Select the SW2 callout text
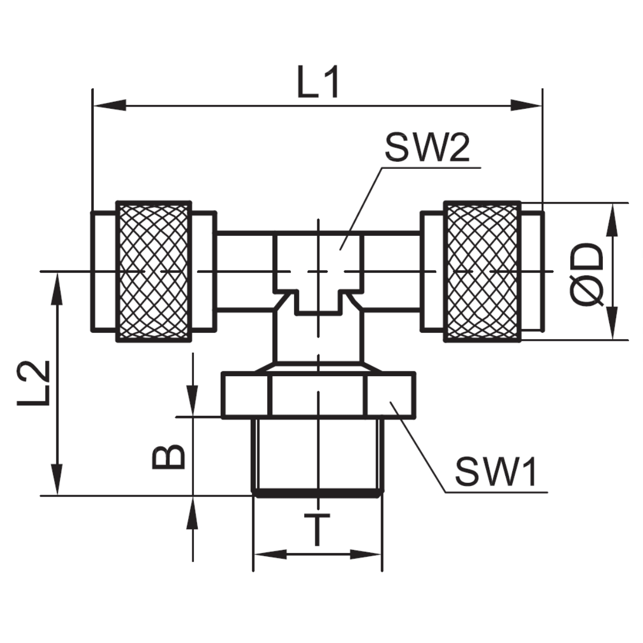coord(427,148)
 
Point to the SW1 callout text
coord(496,472)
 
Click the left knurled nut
coord(153,271)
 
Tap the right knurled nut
coord(482,271)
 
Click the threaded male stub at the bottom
coord(317,455)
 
